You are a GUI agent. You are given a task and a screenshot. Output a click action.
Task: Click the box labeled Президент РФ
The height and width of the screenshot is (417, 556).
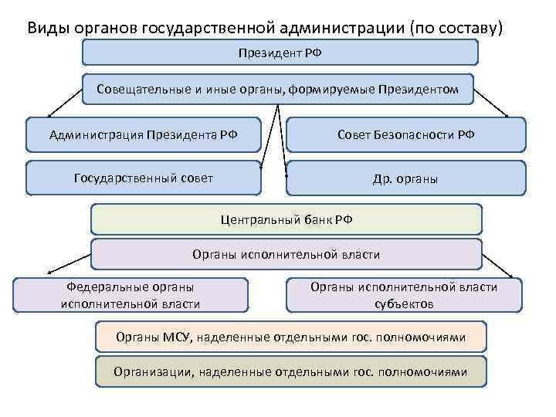click(x=280, y=52)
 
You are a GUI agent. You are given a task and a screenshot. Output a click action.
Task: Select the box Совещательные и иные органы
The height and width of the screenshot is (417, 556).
click(x=278, y=90)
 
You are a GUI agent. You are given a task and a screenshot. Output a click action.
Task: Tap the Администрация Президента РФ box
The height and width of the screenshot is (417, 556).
click(x=144, y=134)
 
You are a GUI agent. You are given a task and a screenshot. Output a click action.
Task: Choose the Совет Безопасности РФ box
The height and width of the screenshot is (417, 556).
click(x=405, y=134)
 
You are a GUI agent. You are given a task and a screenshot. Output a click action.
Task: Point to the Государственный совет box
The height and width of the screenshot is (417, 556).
click(x=144, y=178)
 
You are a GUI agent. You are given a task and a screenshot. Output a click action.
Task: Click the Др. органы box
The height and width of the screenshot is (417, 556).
click(x=405, y=178)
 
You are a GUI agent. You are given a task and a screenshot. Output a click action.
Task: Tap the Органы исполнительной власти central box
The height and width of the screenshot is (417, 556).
click(x=286, y=254)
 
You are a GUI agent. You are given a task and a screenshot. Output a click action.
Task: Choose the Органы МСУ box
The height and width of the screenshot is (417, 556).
click(x=290, y=337)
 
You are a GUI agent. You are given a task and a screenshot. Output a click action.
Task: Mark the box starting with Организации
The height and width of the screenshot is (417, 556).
click(x=290, y=371)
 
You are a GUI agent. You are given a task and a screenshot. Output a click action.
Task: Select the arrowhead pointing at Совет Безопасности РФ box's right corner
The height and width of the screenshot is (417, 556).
click(x=506, y=117)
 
